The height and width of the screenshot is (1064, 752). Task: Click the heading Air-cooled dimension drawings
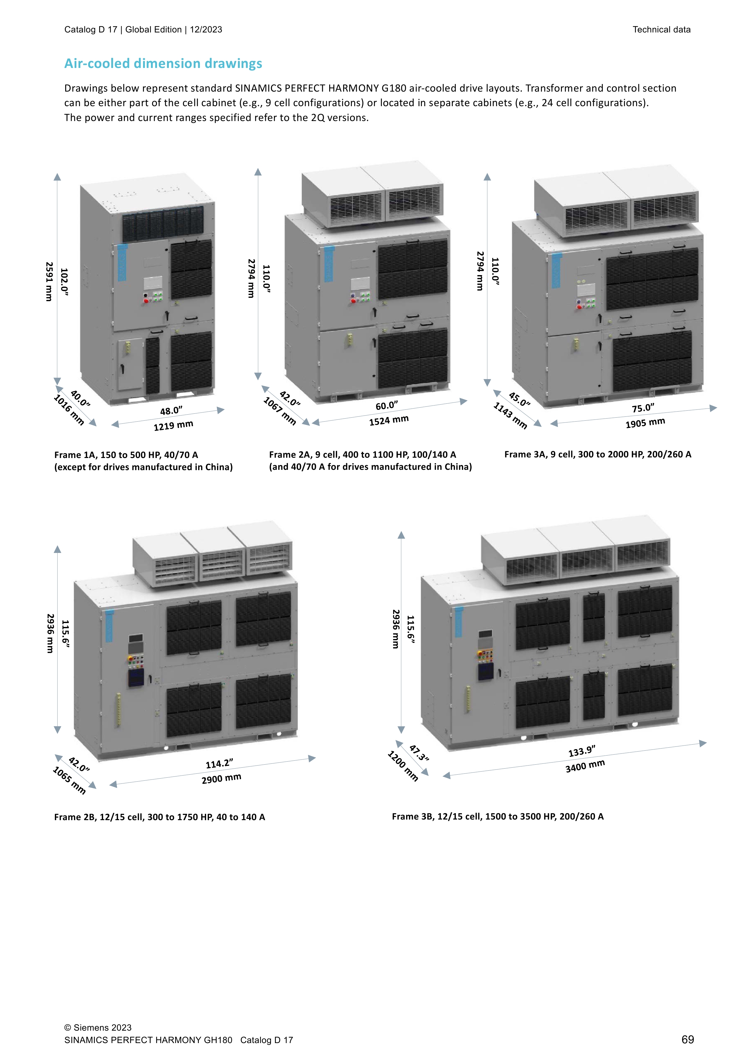tap(163, 63)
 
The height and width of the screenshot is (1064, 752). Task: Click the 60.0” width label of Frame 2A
tap(387, 406)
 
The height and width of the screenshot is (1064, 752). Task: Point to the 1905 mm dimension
tap(645, 423)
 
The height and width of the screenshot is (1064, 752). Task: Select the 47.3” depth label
tap(419, 753)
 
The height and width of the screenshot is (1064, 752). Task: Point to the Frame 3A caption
tap(597, 455)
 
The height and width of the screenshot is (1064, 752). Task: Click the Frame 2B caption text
tap(159, 817)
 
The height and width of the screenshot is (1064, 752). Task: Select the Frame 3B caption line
tap(498, 817)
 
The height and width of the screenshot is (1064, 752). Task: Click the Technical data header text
tap(661, 30)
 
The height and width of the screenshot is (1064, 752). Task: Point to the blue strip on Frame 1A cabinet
tap(122, 263)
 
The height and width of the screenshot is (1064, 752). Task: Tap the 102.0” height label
tap(64, 282)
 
